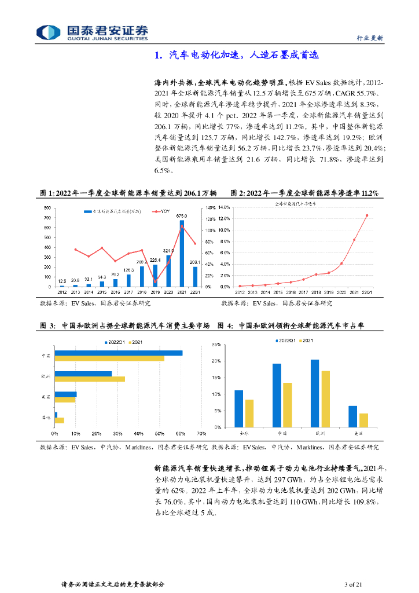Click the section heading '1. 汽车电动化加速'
[237, 56]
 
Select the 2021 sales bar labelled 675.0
[182, 254]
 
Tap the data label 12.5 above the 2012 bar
[62, 281]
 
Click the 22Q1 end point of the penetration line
[367, 215]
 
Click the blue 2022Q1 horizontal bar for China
[118, 353]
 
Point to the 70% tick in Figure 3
[201, 434]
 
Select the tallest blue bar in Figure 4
[315, 393]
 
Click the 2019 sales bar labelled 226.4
[155, 276]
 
